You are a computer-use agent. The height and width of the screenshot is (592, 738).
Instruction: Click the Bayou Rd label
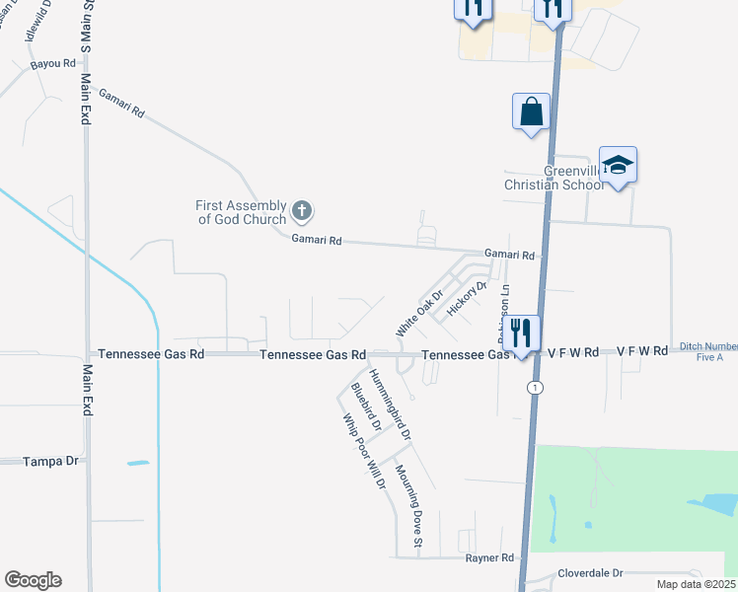pos(53,63)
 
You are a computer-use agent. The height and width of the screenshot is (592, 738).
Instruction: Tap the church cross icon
pos(302,211)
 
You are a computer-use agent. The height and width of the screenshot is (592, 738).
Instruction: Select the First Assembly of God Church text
pos(242,212)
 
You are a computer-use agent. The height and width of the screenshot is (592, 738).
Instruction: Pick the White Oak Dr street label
pos(420,312)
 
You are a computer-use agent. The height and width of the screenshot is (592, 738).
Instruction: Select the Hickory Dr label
pos(468,298)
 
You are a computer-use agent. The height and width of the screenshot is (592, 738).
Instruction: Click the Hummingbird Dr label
pos(390,404)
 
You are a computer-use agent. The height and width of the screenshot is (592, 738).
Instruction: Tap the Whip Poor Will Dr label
pos(364,450)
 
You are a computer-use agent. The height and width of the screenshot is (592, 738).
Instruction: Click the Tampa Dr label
pos(51,461)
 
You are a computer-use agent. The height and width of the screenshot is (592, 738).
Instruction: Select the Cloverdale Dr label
pos(592,572)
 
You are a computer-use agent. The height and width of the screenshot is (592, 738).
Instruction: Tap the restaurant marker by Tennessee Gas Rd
pos(521,333)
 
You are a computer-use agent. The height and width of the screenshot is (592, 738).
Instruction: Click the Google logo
pos(33,580)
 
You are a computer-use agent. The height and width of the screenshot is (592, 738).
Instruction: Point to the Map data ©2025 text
pos(697,583)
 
